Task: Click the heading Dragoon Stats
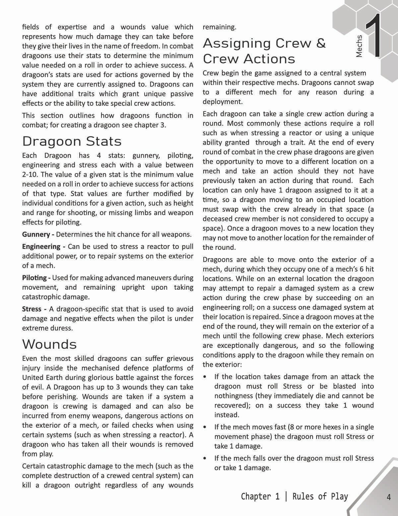pyautogui.click(x=72, y=141)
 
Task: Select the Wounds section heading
pyautogui.click(x=49, y=344)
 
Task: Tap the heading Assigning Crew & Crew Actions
pyautogui.click(x=264, y=51)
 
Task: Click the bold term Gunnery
pyautogui.click(x=36, y=235)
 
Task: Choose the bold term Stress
pyautogui.click(x=32, y=309)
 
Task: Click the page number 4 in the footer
pyautogui.click(x=389, y=497)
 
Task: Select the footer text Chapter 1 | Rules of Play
pyautogui.click(x=294, y=496)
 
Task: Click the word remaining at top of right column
pyautogui.click(x=219, y=27)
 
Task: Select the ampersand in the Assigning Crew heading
pyautogui.click(x=321, y=43)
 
